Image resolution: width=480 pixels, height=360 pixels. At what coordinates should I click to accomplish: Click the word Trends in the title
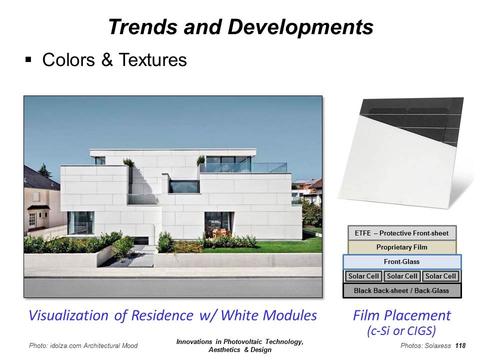point(142,26)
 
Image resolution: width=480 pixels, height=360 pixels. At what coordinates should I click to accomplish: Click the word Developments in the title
point(300,27)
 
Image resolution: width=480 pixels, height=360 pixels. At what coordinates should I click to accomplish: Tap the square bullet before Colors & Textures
point(28,59)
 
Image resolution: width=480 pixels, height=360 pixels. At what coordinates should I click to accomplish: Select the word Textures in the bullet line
point(153,59)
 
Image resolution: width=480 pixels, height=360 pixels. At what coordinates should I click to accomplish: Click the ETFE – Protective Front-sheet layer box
point(402,233)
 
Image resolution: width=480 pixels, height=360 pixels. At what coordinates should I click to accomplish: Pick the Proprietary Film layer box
point(402,247)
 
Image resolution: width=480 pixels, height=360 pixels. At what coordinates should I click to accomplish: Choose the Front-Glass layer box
point(402,261)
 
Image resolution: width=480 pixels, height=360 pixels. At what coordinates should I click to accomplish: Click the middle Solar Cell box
point(402,276)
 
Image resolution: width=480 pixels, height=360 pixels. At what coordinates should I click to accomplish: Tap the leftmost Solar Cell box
point(363,276)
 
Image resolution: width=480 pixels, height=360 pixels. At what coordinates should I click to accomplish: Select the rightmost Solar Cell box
point(440,276)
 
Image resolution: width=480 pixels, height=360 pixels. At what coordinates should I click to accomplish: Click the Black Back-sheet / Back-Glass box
point(402,290)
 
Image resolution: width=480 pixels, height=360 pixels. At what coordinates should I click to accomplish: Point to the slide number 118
point(460,345)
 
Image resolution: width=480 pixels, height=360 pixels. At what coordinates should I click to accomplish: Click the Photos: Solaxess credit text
point(425,345)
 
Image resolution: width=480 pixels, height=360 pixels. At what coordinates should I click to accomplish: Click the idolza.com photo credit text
point(83,345)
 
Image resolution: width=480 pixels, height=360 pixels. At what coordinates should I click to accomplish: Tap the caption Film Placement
point(402,315)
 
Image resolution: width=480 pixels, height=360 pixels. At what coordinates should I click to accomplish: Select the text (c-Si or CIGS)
point(401,330)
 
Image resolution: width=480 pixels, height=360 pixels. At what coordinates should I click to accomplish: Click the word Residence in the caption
point(162,315)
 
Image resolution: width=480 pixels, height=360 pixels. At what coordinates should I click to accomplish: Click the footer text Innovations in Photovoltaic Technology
point(240,341)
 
